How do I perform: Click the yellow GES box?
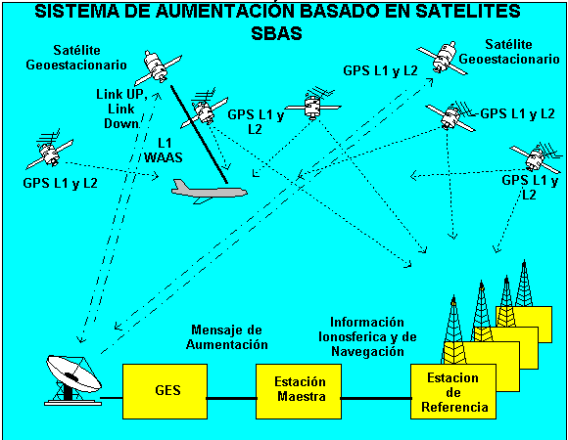click(x=165, y=391)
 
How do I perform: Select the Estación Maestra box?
click(x=299, y=391)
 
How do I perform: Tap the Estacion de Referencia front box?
click(x=453, y=391)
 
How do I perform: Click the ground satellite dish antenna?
click(x=73, y=380)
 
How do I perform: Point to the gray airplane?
click(x=209, y=192)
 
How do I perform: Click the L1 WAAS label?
click(x=164, y=150)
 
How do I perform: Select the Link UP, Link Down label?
click(x=121, y=109)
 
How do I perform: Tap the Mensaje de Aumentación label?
click(x=227, y=337)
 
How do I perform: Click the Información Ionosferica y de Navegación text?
click(x=367, y=336)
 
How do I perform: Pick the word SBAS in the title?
click(x=276, y=33)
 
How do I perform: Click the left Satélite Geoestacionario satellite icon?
click(x=158, y=67)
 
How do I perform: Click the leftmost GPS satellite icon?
click(x=50, y=149)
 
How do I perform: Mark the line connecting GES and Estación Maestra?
click(x=231, y=398)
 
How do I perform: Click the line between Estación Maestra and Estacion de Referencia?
click(x=376, y=398)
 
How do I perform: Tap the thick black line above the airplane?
click(x=199, y=134)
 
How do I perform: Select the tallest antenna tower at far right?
click(x=524, y=284)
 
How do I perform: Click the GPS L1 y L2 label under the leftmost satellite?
click(x=60, y=183)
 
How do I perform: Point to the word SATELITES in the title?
click(x=468, y=11)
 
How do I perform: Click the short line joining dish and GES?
click(x=112, y=398)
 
